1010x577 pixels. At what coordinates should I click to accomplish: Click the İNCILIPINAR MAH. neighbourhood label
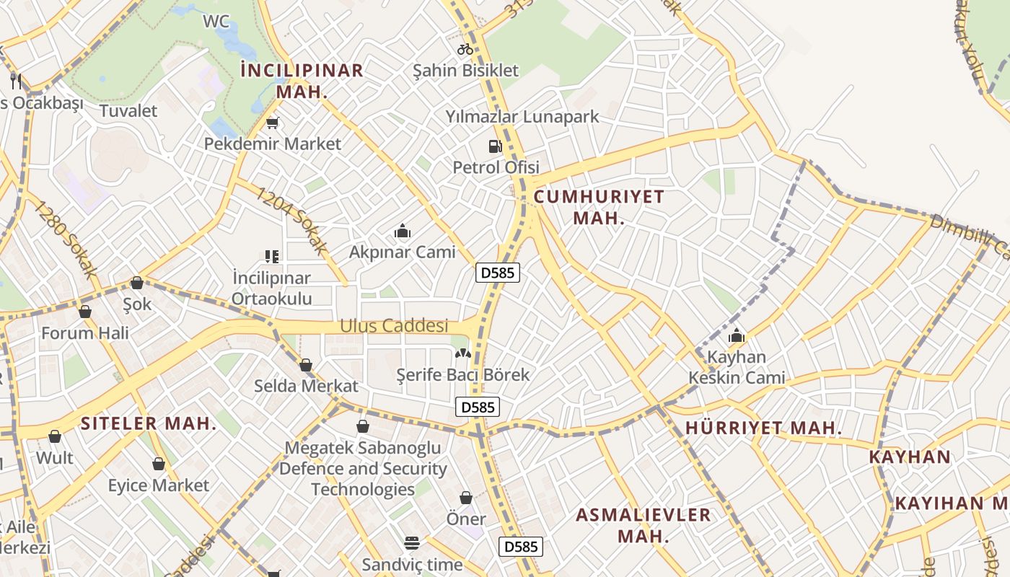click(x=302, y=81)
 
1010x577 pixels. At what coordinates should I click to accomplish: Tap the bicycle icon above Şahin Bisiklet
click(x=465, y=49)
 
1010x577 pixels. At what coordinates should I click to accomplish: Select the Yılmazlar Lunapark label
click(x=522, y=116)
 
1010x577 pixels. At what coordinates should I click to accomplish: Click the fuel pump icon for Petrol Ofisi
click(x=495, y=146)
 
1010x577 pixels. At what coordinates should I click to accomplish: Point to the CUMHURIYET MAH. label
click(x=599, y=207)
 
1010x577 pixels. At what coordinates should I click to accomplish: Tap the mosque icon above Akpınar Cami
click(x=403, y=232)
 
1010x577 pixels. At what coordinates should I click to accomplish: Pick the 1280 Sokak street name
click(x=65, y=239)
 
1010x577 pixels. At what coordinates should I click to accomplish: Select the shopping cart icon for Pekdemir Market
click(x=272, y=123)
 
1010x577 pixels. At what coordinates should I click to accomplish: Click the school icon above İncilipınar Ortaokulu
click(x=271, y=256)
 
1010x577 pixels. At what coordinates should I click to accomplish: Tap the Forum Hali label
click(x=85, y=333)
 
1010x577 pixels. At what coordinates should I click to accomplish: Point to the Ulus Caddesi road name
click(x=394, y=326)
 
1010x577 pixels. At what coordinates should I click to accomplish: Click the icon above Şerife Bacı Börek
click(x=462, y=354)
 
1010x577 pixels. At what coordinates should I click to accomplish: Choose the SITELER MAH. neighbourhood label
click(x=149, y=423)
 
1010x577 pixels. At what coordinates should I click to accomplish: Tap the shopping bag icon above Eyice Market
click(x=159, y=464)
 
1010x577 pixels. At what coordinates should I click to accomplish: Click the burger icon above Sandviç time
click(x=412, y=542)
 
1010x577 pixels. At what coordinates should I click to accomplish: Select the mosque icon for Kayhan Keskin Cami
click(x=737, y=335)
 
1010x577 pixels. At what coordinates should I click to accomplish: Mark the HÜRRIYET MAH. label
click(x=763, y=428)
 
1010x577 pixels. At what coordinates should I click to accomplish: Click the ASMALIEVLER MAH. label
click(x=644, y=525)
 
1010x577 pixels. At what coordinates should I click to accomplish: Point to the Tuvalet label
click(x=128, y=110)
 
